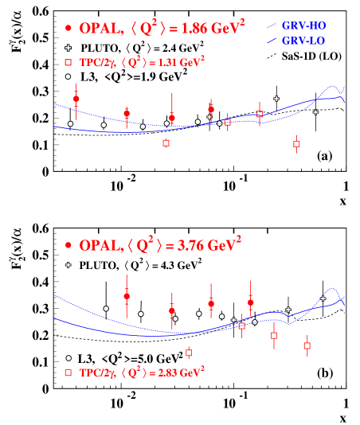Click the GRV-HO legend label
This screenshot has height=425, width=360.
[303, 25]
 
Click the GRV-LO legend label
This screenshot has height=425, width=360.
[303, 39]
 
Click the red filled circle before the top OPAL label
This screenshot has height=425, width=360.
[68, 29]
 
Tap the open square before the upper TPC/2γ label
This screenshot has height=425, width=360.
[68, 61]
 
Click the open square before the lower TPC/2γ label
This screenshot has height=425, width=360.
[68, 372]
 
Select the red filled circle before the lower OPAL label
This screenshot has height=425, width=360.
[68, 245]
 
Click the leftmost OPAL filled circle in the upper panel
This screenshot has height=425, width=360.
[76, 99]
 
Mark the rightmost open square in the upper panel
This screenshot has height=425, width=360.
[296, 144]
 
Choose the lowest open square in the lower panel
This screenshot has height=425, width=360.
[189, 353]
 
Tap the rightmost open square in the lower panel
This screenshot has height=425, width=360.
[307, 345]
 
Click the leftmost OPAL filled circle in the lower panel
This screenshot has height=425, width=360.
[127, 296]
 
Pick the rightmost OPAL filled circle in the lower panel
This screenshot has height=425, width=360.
[251, 302]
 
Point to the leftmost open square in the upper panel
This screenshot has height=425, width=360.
[166, 143]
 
